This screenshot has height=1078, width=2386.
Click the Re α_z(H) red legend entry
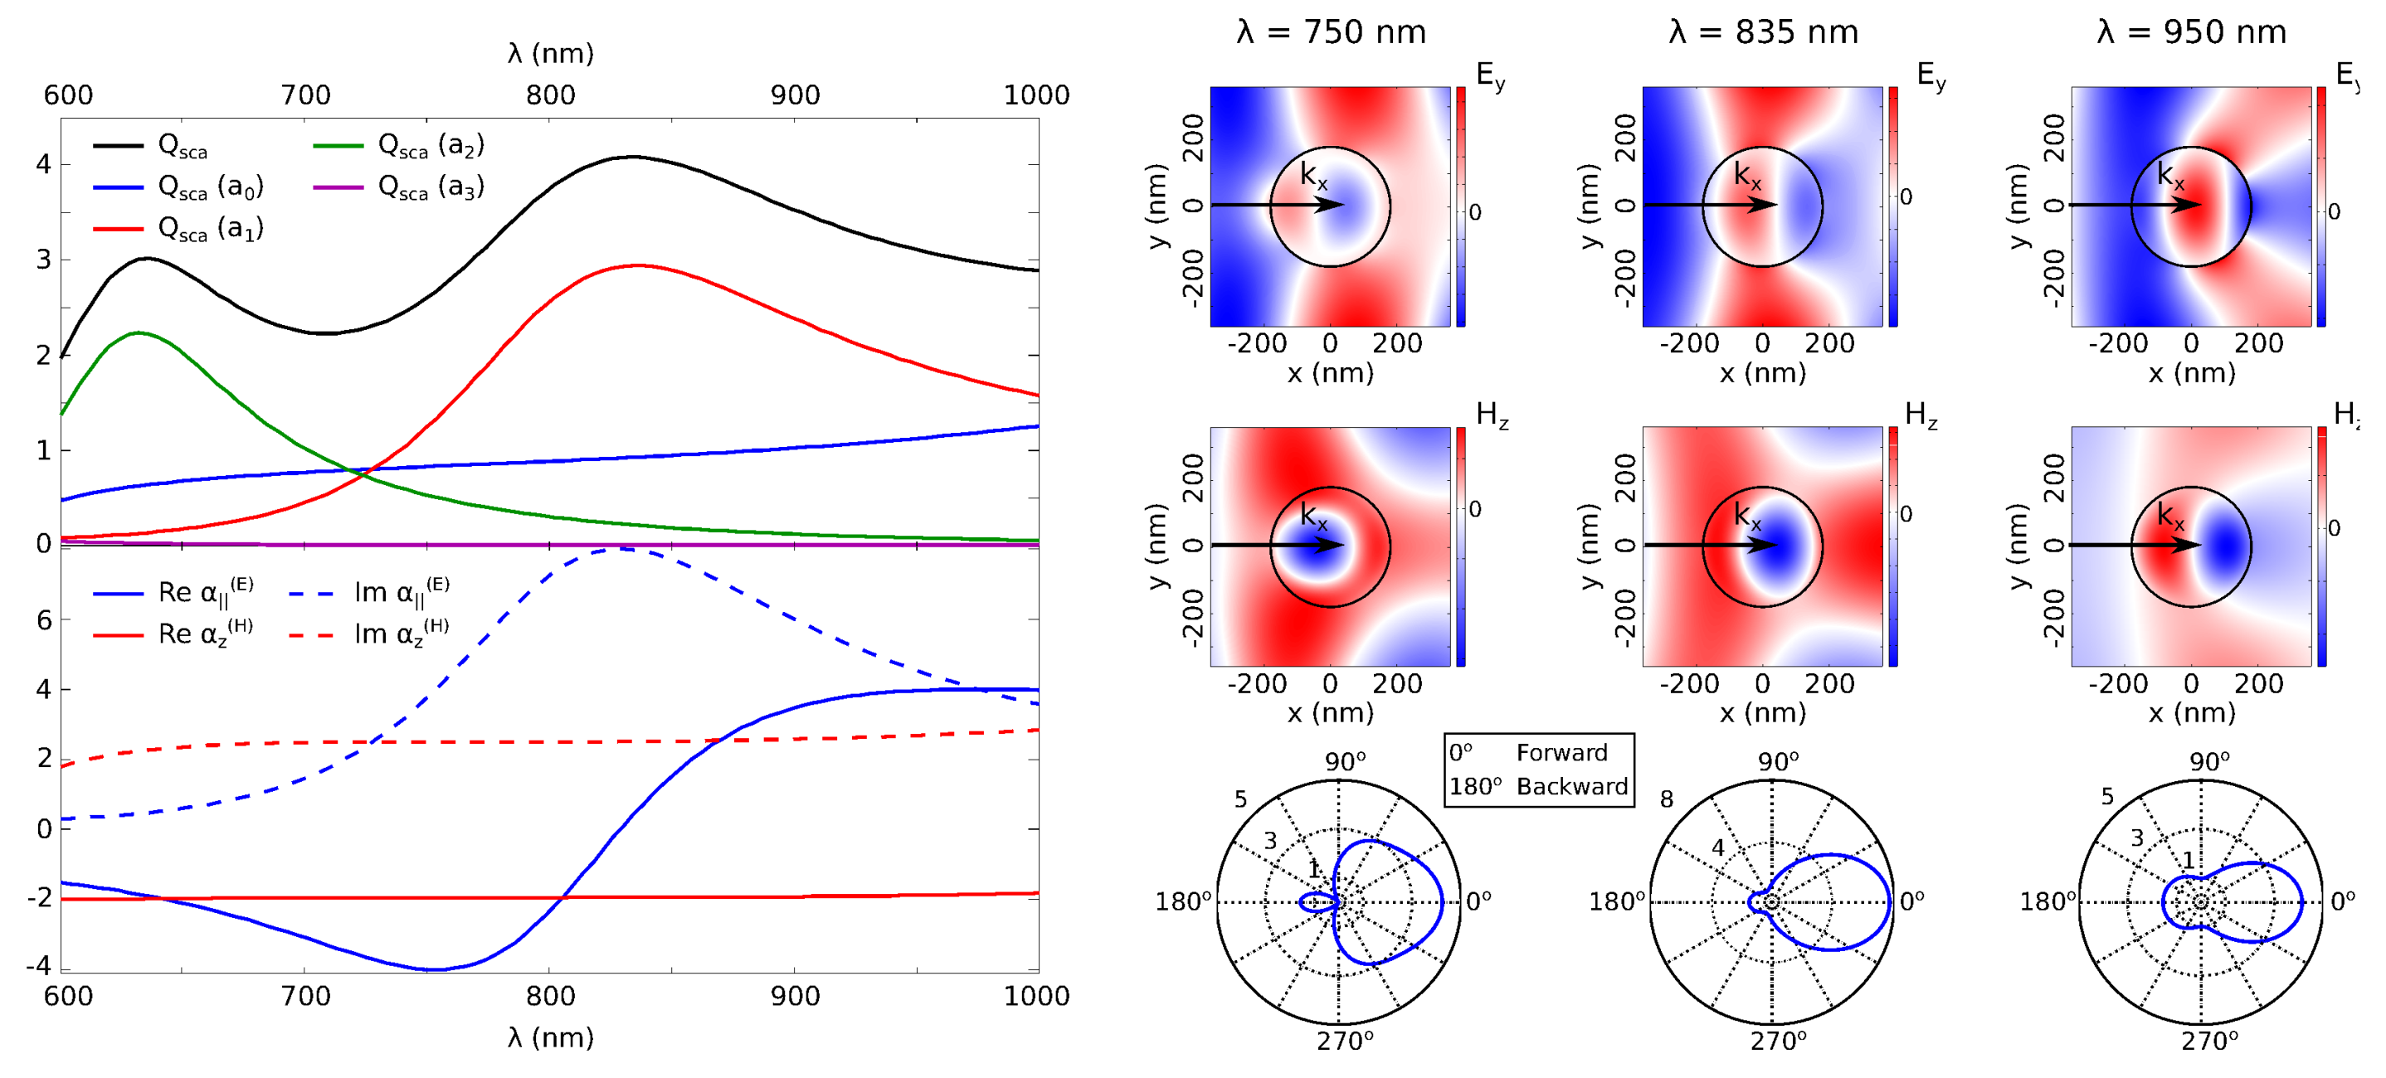pyautogui.click(x=204, y=634)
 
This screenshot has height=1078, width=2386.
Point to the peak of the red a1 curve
pyautogui.click(x=636, y=266)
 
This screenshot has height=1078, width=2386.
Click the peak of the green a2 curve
pyautogui.click(x=138, y=333)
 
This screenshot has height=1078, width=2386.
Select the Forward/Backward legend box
pyautogui.click(x=1538, y=770)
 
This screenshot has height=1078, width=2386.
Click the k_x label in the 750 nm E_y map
pyautogui.click(x=1313, y=175)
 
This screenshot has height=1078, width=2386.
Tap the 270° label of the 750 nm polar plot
pyautogui.click(x=1345, y=1042)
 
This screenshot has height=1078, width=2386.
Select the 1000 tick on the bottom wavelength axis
pyautogui.click(x=1036, y=997)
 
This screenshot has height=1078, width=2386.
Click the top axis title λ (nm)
pyautogui.click(x=550, y=54)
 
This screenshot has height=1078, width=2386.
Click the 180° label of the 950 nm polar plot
pyautogui.click(x=2047, y=901)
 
